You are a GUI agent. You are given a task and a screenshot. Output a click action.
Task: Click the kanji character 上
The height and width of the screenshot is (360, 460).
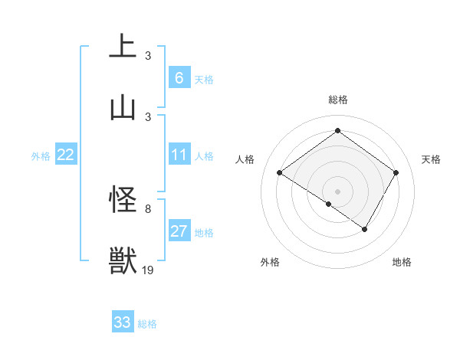[x=123, y=46]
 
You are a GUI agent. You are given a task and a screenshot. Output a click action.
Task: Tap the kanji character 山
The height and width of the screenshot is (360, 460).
[x=123, y=107]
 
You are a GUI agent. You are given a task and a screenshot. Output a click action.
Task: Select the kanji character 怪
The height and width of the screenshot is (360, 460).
[x=123, y=201]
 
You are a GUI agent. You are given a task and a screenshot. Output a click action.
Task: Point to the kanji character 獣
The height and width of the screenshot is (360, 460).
[x=123, y=260]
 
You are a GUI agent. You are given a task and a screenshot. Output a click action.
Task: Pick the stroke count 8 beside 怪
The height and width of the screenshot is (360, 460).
[x=148, y=208]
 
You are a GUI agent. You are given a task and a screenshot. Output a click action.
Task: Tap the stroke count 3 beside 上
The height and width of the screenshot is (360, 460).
[x=148, y=55]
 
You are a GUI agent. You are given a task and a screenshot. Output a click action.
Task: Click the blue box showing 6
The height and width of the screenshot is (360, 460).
[x=179, y=78]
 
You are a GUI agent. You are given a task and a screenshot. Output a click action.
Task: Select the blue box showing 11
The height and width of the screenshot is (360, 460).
[x=179, y=155]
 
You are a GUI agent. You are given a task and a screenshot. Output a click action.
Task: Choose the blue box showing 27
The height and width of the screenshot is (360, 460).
[x=179, y=231]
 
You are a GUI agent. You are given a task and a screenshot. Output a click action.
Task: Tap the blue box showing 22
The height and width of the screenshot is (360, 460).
[x=66, y=155]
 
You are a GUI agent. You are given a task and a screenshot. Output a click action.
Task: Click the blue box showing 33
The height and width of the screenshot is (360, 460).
[x=123, y=322]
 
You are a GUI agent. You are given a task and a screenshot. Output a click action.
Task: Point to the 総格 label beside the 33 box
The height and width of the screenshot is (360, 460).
[x=147, y=324]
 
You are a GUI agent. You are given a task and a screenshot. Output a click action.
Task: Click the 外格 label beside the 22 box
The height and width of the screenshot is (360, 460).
[x=41, y=156]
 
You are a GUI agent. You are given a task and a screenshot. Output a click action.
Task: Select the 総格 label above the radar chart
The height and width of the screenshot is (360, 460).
[x=337, y=100]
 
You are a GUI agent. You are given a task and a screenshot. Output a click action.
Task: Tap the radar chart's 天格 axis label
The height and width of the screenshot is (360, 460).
[x=431, y=159]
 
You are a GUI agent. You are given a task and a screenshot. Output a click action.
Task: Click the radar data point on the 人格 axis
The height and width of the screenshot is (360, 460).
[x=280, y=173]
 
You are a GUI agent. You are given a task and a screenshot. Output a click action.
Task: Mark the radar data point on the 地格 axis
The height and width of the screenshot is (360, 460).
[x=365, y=229]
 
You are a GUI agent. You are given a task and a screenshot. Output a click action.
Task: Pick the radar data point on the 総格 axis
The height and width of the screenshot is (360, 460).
[x=337, y=130]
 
